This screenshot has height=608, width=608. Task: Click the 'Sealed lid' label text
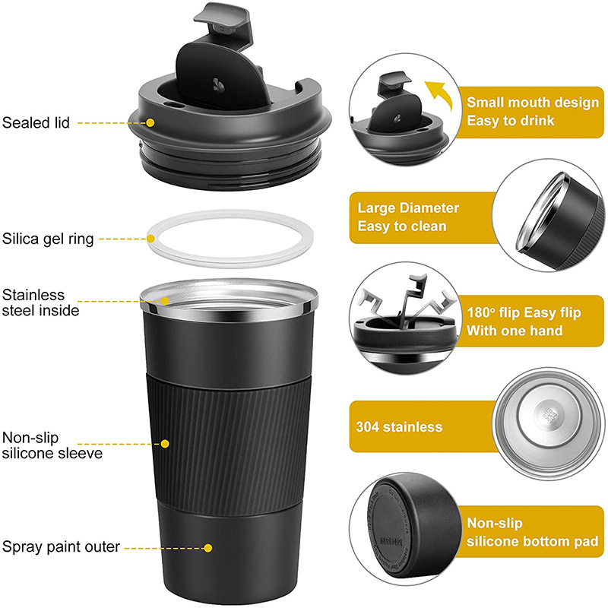(35, 122)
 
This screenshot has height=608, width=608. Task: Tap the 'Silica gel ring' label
(48, 239)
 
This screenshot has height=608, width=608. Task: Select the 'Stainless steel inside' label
(44, 302)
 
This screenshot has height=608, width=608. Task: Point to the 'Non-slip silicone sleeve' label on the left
(52, 445)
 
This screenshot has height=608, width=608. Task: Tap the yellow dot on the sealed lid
(150, 122)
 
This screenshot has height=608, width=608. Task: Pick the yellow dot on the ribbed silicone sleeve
(165, 443)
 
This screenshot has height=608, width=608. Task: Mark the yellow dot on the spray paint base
(207, 546)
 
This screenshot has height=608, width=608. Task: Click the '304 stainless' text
(399, 427)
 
